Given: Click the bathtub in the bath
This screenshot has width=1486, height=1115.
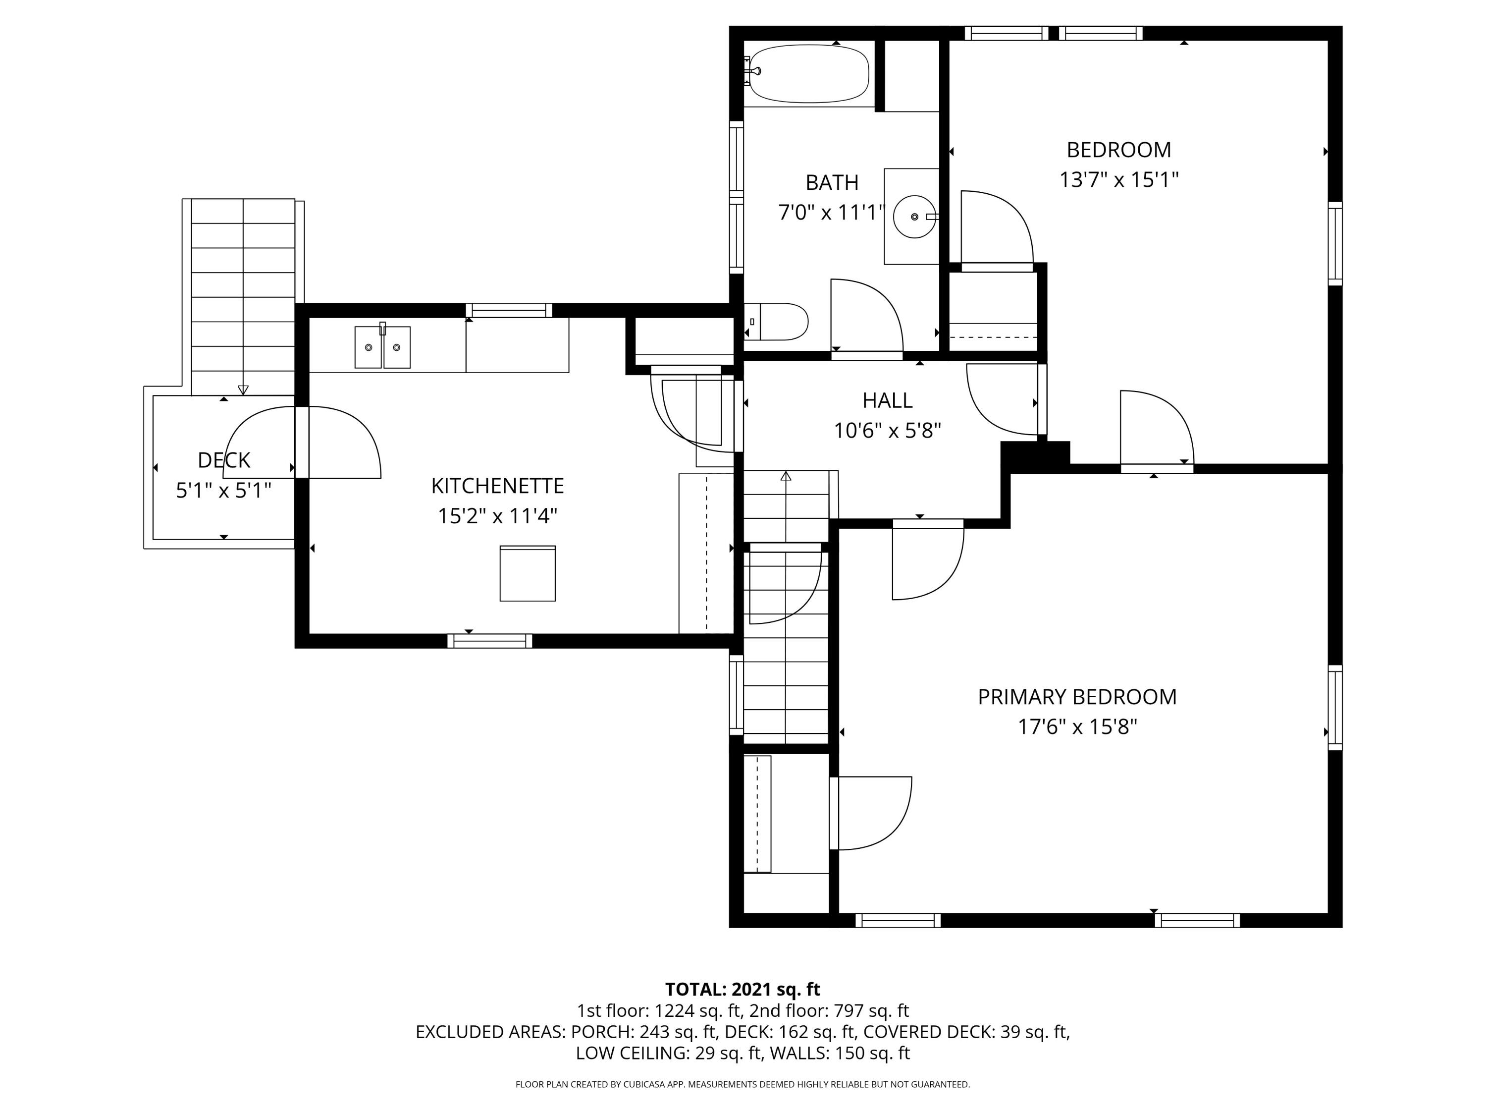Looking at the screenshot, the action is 808,73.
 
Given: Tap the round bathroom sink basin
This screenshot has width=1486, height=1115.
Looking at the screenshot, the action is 915,217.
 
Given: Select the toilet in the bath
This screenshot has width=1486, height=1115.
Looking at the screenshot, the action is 776,322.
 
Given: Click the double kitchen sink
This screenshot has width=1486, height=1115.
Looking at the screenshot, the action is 382,347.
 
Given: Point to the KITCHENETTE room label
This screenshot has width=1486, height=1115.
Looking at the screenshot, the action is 497,485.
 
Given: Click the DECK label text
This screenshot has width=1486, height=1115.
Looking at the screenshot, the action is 224,460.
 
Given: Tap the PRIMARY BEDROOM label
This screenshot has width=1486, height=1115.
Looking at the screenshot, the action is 1077,697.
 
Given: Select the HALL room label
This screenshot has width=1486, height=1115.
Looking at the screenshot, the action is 888,400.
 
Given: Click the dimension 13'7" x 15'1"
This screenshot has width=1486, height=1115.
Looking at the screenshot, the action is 1118,179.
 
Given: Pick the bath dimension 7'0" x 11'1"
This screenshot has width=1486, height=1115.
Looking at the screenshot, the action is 832,213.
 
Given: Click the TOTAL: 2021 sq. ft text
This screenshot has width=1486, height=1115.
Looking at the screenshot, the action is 743,989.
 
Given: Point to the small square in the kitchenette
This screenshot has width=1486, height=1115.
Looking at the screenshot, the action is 528,573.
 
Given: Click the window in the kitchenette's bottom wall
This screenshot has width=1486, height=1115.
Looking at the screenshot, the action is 490,641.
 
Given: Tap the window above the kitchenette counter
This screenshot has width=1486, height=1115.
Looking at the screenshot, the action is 509,311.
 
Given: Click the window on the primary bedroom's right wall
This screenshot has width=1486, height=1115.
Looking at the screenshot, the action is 1335,708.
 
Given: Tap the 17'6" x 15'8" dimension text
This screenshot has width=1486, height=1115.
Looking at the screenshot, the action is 1077,727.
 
